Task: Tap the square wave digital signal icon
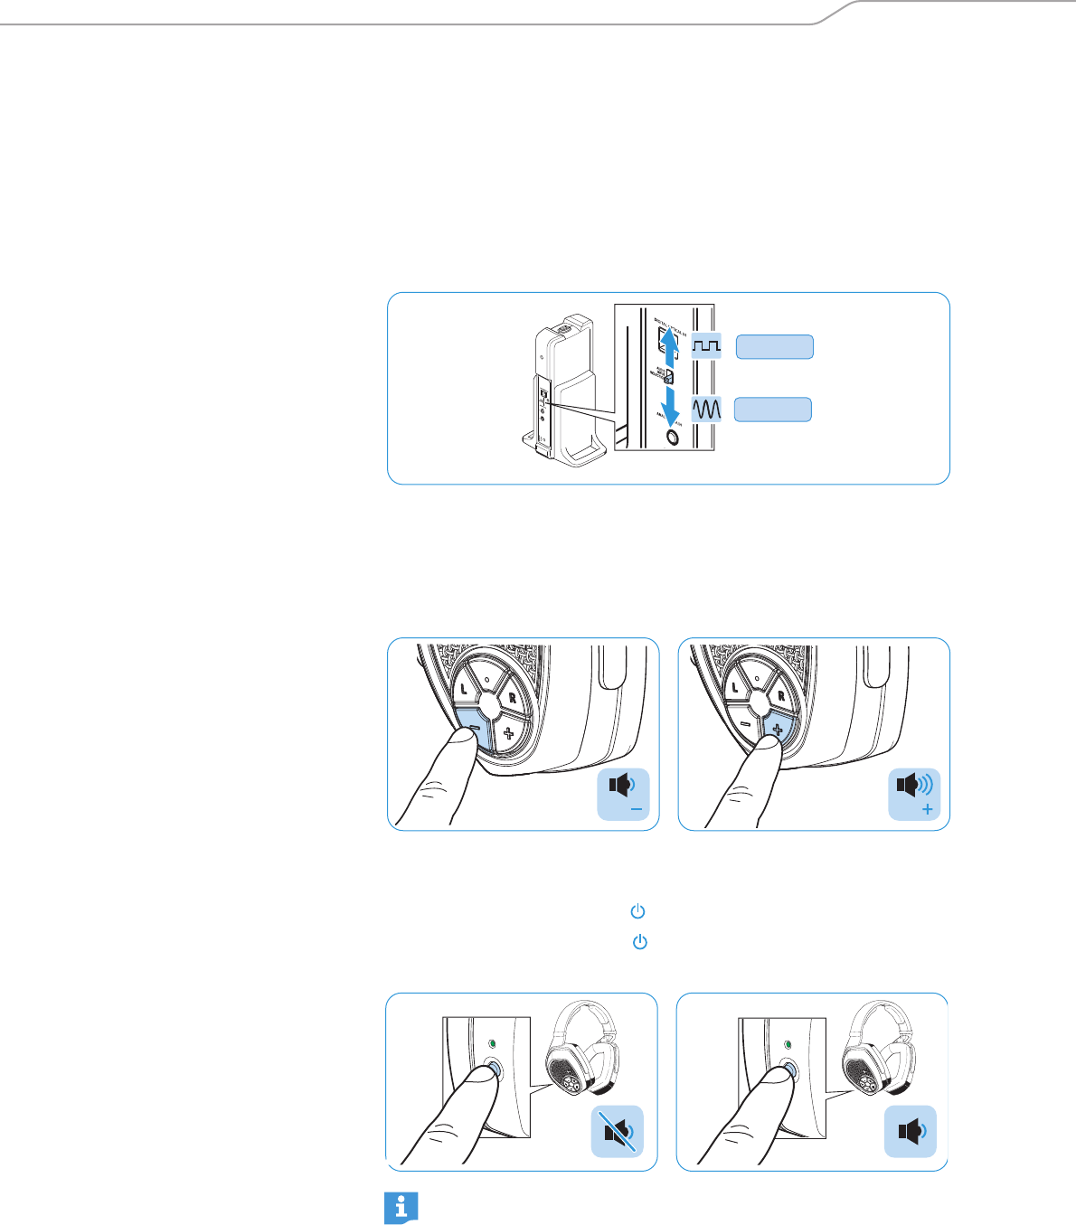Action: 706,346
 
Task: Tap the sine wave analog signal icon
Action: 706,410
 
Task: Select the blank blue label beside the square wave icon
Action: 774,347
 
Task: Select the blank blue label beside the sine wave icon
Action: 772,410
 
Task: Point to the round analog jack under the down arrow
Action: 672,437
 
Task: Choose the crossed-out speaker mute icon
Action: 617,1131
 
